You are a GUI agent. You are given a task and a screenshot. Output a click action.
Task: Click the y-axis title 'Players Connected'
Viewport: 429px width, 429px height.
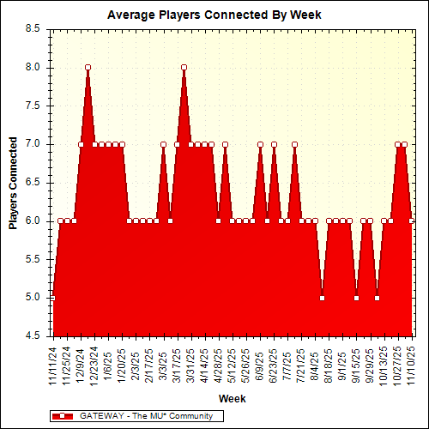click(14, 182)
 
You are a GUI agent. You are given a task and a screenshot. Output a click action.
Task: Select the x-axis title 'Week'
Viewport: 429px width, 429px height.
click(232, 398)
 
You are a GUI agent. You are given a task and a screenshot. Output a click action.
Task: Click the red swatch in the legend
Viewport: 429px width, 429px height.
click(63, 415)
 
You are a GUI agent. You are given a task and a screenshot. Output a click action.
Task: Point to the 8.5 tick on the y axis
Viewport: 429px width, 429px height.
click(33, 28)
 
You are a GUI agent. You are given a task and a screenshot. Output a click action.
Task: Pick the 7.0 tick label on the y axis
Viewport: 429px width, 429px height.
click(33, 144)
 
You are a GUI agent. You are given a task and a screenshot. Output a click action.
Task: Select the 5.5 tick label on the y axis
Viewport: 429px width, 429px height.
click(33, 259)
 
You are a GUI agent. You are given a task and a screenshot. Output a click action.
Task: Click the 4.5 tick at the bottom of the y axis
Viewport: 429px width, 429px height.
click(33, 335)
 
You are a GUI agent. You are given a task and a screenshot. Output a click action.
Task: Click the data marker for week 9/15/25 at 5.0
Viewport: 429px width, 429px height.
click(356, 298)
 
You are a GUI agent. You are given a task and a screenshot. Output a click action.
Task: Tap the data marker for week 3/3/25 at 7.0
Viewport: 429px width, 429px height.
click(163, 144)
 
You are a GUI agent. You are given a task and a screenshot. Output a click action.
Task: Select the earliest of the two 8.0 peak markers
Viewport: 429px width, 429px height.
click(88, 67)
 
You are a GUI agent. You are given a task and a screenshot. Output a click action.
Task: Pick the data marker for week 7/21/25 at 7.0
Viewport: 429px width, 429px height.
click(294, 144)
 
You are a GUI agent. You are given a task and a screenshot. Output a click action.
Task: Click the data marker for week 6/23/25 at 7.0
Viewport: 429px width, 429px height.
click(274, 144)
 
